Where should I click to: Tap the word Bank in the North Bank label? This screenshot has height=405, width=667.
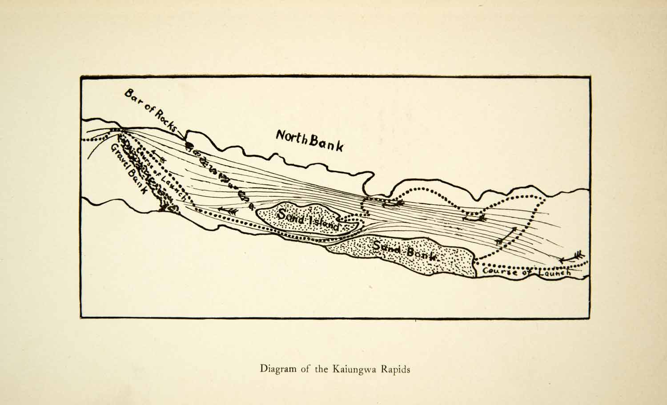pos(326,143)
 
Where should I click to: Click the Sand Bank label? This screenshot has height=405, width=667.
pos(406,251)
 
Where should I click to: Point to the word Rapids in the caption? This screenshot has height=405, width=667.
pos(394,369)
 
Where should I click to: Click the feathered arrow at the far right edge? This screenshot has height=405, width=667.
pos(572,257)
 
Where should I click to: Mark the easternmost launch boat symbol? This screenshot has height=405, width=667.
pos(474,218)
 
